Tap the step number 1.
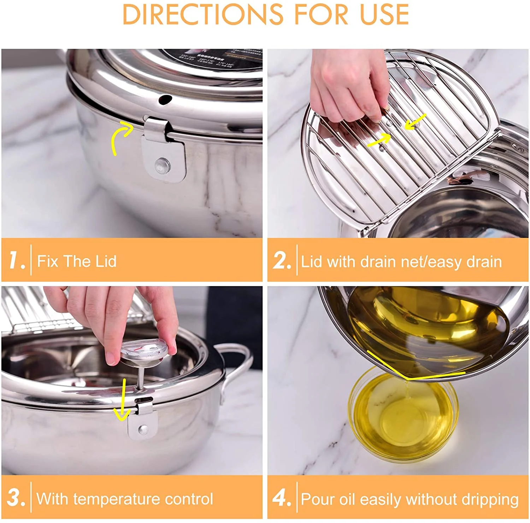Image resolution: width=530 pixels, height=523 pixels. coord(17,261)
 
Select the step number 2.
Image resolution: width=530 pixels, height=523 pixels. coord(282,261)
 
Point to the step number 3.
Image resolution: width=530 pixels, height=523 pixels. coord(16,498)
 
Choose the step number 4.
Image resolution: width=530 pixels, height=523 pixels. coord(282,498)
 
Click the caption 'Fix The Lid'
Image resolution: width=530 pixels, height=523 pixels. coord(77,261)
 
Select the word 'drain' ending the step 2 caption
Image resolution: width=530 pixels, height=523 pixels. coord(484,262)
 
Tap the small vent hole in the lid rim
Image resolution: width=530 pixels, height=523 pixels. coord(165,100)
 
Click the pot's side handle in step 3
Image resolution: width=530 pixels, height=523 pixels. coord(234,367)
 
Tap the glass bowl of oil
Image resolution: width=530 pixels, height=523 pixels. coord(403,417)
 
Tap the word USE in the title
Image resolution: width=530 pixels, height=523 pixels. coord(384,14)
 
